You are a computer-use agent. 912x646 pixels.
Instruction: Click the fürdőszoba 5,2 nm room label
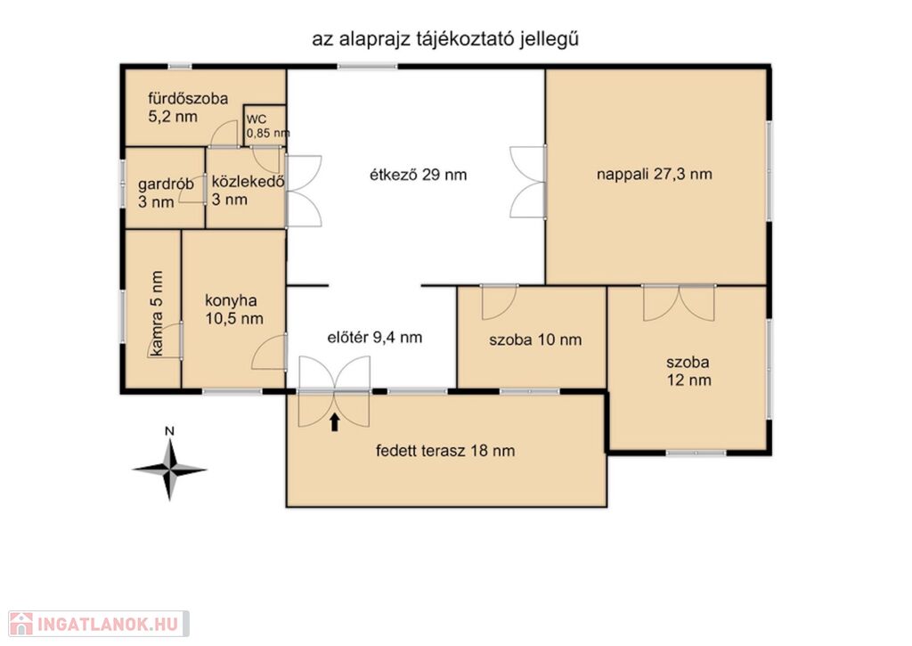coord(188,108)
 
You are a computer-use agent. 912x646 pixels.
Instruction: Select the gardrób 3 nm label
coord(166,193)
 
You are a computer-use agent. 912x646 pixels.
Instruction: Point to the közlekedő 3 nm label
coord(248,191)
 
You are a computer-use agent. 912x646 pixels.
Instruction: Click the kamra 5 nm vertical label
coord(157,313)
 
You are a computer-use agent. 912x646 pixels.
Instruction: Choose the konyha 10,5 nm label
coord(234,309)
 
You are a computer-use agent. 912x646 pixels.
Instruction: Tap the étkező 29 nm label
coord(419,175)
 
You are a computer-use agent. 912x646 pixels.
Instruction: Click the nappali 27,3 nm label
coord(655,174)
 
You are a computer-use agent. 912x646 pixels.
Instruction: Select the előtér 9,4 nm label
coord(375,337)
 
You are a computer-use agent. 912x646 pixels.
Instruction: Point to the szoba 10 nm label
coord(535,339)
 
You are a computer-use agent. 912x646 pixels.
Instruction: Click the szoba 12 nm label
coord(688,372)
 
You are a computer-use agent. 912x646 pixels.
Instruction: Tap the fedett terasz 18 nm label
coord(445,451)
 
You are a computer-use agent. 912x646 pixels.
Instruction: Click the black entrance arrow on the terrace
coord(335,422)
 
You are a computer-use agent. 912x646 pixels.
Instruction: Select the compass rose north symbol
coord(169,469)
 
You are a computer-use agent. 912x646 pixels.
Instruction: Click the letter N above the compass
coord(169,431)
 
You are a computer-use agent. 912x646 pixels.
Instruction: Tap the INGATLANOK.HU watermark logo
coord(99,624)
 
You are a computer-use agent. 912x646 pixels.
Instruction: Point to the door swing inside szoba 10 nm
coord(499,303)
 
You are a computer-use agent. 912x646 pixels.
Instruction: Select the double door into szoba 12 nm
coord(679,303)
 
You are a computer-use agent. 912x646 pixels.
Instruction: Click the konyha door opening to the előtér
coord(269,352)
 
